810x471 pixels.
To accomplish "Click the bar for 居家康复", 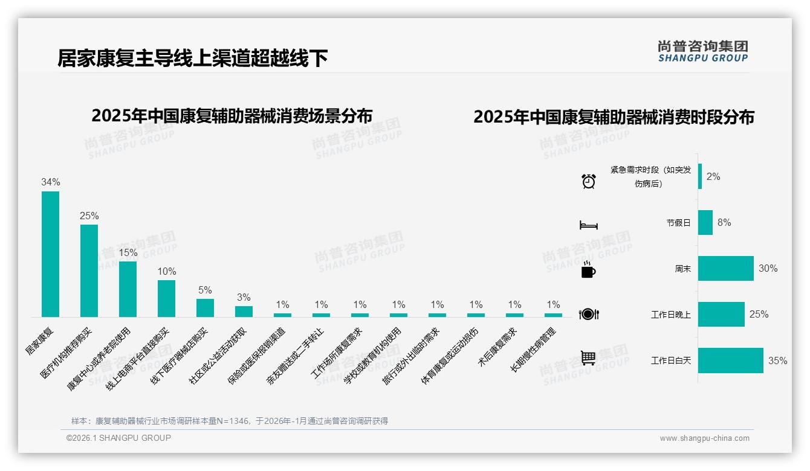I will pos(50,254).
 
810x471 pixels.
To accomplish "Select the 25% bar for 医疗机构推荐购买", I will pos(89,271).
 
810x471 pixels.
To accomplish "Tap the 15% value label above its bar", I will pos(128,252).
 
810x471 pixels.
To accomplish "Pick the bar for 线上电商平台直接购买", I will pos(166,298).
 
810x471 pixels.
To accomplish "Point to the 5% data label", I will pos(205,290).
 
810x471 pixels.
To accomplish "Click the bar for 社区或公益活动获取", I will pos(244,311).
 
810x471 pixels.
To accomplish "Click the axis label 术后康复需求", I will pos(498,347).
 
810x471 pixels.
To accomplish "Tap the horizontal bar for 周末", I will pos(725,268).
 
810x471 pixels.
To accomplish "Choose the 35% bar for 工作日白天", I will pos(730,360).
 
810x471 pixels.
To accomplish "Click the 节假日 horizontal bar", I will pos(705,222).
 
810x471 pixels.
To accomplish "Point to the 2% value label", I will pos(713,176).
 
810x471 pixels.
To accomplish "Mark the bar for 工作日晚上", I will pos(721,314).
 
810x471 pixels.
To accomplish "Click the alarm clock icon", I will pos(588,181).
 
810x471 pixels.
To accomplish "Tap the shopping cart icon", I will pos(588,358).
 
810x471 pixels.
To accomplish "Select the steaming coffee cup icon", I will pos(588,269).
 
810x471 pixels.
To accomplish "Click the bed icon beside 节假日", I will pos(588,225).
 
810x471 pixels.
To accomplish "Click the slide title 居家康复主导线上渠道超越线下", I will pos(193,58).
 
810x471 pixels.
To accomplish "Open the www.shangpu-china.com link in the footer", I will pos(704,438).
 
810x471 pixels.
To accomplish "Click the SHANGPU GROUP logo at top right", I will pos(703,51).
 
